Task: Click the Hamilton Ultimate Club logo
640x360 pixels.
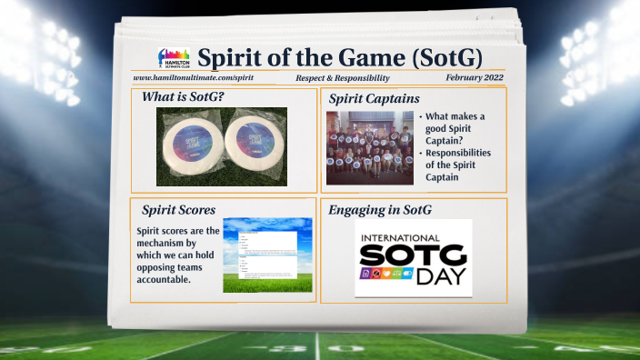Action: [173, 59]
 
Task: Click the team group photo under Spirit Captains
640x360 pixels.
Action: [369, 147]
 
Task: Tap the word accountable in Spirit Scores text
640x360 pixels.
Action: [165, 279]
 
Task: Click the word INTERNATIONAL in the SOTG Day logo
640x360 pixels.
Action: [414, 238]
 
